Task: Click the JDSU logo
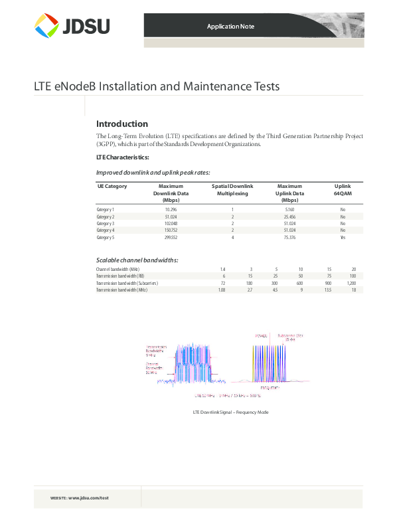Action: (x=72, y=26)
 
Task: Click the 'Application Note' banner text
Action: (x=230, y=27)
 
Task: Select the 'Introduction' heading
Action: (x=122, y=124)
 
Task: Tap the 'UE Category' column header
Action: (x=112, y=187)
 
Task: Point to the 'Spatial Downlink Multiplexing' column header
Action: (x=232, y=190)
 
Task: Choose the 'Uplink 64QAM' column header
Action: (x=343, y=190)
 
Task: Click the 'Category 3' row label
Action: (x=106, y=223)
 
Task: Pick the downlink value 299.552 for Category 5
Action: (x=171, y=237)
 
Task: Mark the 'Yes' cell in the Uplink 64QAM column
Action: (x=343, y=237)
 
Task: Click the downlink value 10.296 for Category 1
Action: (x=171, y=210)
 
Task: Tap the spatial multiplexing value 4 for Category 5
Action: (x=233, y=237)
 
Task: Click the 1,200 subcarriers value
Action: (x=351, y=283)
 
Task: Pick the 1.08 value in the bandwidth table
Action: (x=222, y=290)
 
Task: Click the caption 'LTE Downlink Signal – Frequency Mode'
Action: (x=230, y=412)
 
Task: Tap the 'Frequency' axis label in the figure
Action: (x=270, y=387)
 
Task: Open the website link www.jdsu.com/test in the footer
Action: (x=88, y=497)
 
